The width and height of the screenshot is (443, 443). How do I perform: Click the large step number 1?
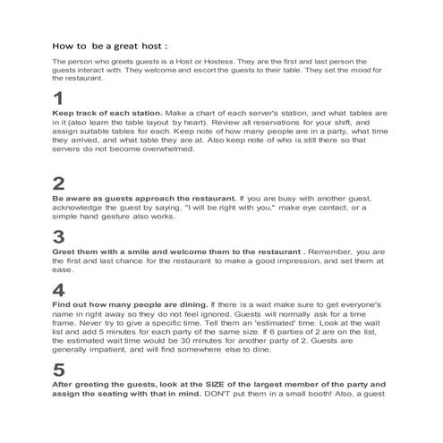pyautogui.click(x=58, y=98)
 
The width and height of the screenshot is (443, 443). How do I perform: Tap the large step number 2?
pyautogui.click(x=59, y=183)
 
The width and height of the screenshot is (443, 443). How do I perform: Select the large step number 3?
pyautogui.click(x=59, y=237)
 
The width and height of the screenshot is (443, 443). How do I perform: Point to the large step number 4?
pyautogui.click(x=59, y=290)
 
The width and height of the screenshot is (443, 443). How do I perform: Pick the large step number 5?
pyautogui.click(x=59, y=370)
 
